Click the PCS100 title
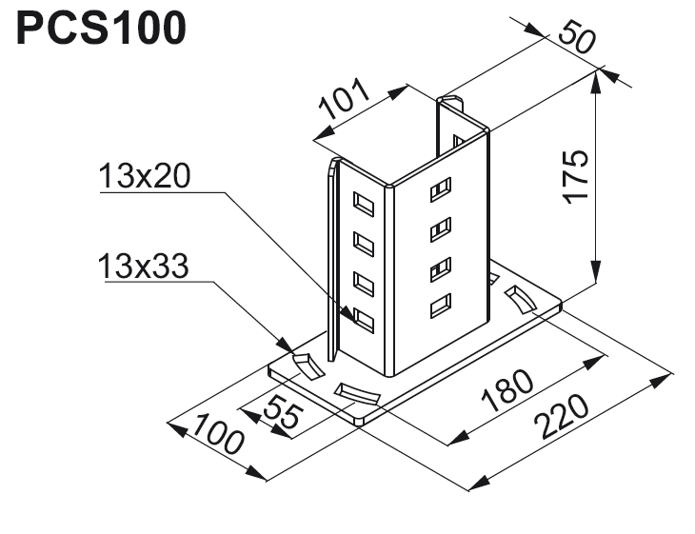[x=100, y=30]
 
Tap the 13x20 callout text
[x=145, y=177]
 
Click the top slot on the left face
[x=363, y=203]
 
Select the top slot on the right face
[x=440, y=189]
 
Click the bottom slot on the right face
[x=440, y=307]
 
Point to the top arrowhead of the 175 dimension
[x=597, y=82]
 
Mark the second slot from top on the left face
[x=363, y=242]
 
